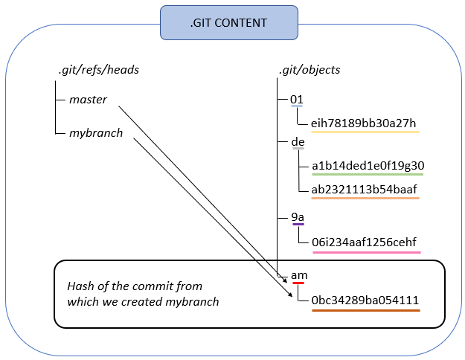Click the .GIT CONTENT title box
point(228,23)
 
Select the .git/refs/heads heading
point(98,70)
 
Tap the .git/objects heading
point(309,70)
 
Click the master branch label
point(89,99)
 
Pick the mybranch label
point(96,134)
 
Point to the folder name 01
point(297,99)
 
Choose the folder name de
point(298,141)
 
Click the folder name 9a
point(298,216)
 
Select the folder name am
point(299,275)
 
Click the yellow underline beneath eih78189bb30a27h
point(365,132)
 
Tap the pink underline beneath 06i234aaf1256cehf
point(365,252)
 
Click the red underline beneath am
point(299,283)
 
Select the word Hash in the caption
point(80,286)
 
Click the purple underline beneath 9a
point(298,224)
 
